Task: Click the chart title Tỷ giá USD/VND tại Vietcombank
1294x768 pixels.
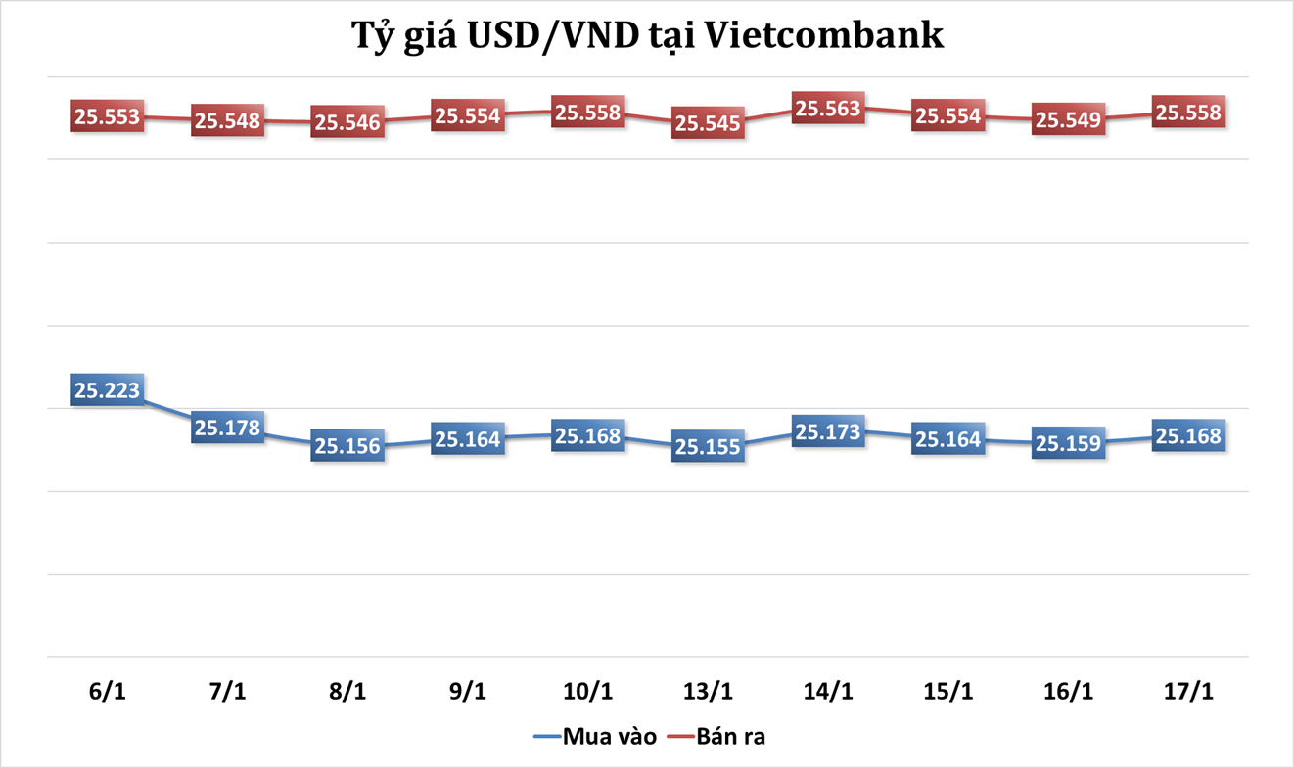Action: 647,36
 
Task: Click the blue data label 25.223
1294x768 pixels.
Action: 108,390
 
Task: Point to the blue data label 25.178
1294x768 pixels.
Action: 227,428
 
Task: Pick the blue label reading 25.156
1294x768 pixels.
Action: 347,444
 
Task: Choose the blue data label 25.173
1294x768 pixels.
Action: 828,431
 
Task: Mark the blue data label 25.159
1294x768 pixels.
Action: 1068,442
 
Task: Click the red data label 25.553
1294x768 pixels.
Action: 108,116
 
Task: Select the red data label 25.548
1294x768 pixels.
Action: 227,120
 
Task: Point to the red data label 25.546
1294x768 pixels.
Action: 347,123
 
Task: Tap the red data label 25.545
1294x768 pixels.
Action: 708,123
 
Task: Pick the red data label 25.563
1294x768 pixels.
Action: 828,109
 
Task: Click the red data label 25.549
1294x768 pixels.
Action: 1068,120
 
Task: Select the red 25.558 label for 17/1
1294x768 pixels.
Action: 1188,113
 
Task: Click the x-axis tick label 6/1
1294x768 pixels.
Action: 108,691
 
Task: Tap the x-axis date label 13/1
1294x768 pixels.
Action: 708,691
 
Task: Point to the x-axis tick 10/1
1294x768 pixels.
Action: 587,691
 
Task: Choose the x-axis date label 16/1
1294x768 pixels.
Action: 1068,691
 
